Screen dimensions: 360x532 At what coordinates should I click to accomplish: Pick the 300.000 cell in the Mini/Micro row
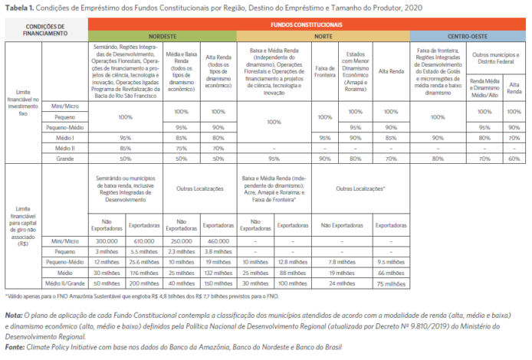coord(106,241)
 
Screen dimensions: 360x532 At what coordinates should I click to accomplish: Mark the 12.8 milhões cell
coord(294,261)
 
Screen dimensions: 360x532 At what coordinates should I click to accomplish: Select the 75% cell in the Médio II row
coord(182,148)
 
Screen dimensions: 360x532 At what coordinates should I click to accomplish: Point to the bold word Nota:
coord(13,314)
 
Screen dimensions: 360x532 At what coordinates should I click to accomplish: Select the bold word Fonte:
coord(15,346)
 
